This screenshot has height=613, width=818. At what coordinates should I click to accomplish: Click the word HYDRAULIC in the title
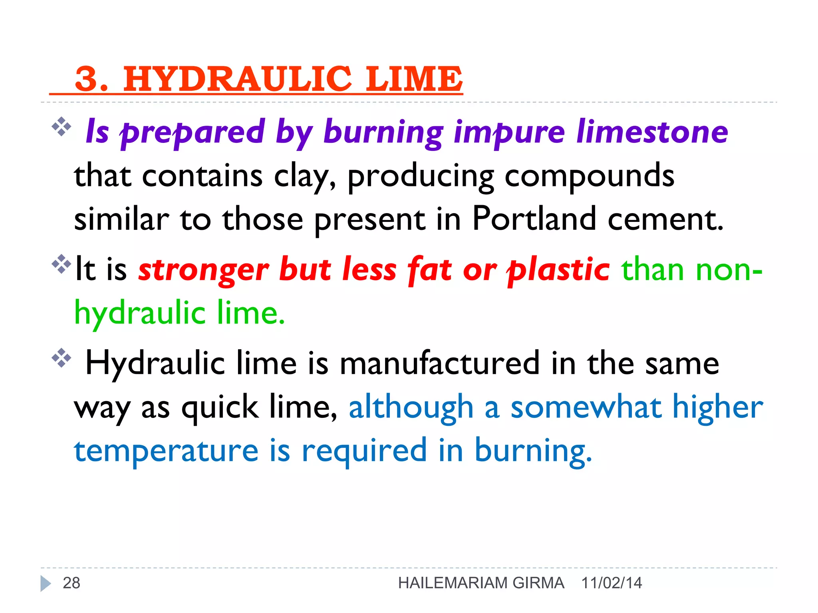coord(237,79)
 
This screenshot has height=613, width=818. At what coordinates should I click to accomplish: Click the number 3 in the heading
coord(87,79)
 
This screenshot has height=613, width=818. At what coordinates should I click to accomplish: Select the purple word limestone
coord(652,132)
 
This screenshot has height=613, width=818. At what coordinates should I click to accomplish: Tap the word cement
coord(665,219)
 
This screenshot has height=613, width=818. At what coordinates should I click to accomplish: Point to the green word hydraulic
coord(140,314)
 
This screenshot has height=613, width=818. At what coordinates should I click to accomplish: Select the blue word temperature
coord(166,451)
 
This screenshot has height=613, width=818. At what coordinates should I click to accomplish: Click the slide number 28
coord(71,583)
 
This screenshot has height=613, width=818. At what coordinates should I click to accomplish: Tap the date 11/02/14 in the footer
coord(612,583)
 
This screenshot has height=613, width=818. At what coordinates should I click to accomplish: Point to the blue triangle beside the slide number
coord(45,583)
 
